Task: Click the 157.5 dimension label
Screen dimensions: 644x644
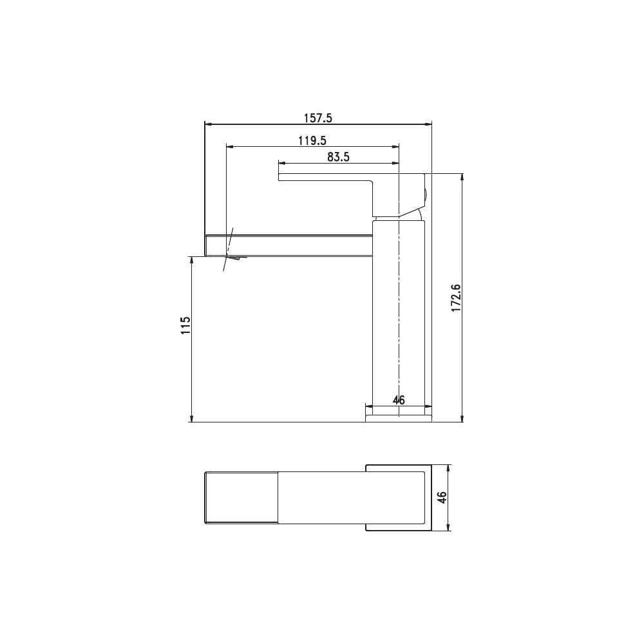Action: tap(317, 118)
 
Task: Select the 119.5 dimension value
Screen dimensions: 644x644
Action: tap(312, 141)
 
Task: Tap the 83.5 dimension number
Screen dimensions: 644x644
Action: tap(338, 157)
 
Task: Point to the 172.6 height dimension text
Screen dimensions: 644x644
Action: tap(457, 298)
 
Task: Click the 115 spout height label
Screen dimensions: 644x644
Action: tap(186, 325)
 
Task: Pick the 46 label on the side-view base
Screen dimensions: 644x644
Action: tap(399, 400)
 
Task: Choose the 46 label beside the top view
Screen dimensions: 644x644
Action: tap(442, 497)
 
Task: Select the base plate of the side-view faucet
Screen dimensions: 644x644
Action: tap(399, 418)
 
